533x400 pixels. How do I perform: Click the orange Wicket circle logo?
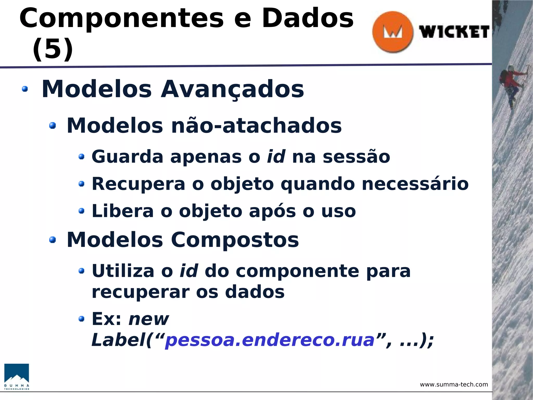click(392, 32)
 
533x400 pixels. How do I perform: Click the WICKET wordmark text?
click(454, 32)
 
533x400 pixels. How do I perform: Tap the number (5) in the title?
click(53, 49)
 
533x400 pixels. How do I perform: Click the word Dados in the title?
click(308, 18)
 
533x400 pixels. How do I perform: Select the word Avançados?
click(232, 89)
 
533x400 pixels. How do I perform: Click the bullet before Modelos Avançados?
click(25, 89)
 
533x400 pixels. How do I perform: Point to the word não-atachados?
click(256, 126)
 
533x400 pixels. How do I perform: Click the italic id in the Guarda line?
click(276, 157)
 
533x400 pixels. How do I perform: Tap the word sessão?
click(356, 157)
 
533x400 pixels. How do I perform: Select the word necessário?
click(415, 184)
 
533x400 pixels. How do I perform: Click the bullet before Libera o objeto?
click(82, 211)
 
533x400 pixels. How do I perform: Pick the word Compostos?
click(235, 240)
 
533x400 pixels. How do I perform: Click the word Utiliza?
click(123, 271)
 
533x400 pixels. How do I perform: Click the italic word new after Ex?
click(149, 319)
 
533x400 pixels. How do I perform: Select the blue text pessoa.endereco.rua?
click(270, 340)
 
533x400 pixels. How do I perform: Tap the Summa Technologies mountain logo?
click(17, 377)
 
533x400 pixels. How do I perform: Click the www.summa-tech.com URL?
click(454, 385)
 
